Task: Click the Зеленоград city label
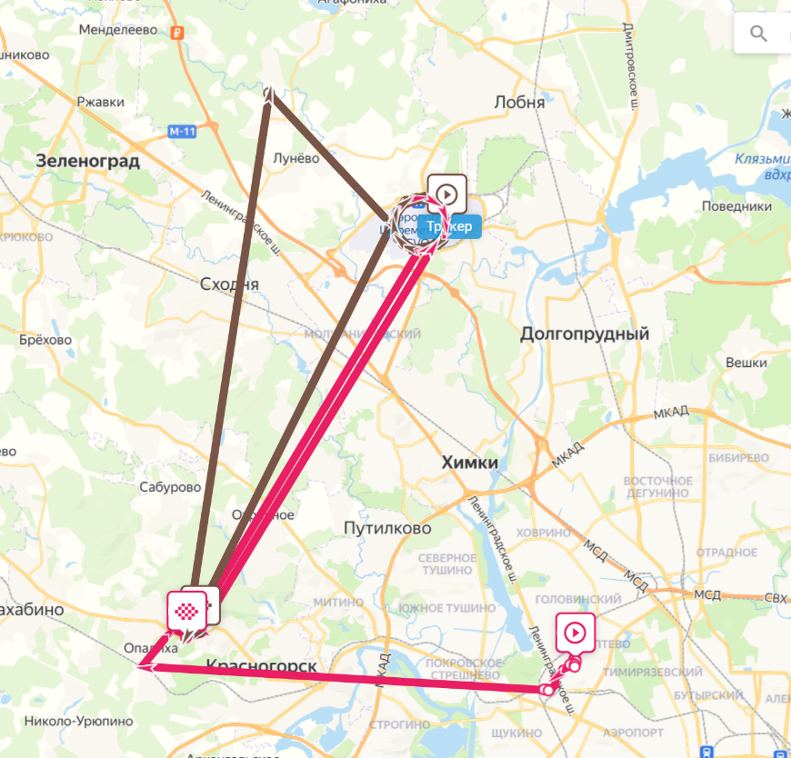pyautogui.click(x=88, y=161)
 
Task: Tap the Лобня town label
pyautogui.click(x=519, y=102)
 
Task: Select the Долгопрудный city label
pyautogui.click(x=585, y=334)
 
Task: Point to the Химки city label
pyautogui.click(x=469, y=463)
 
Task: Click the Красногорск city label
pyautogui.click(x=262, y=666)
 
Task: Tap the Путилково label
pyautogui.click(x=388, y=527)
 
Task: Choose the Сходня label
pyautogui.click(x=229, y=284)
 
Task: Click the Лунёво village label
pyautogui.click(x=296, y=157)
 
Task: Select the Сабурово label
pyautogui.click(x=170, y=487)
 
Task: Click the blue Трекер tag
pyautogui.click(x=450, y=226)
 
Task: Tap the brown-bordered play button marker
pyautogui.click(x=446, y=194)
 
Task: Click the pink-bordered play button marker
pyautogui.click(x=576, y=632)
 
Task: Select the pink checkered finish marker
pyautogui.click(x=185, y=610)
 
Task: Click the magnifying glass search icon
pyautogui.click(x=758, y=35)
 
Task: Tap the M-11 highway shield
pyautogui.click(x=182, y=131)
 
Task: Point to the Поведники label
pyautogui.click(x=736, y=206)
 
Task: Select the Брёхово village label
pyautogui.click(x=45, y=340)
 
